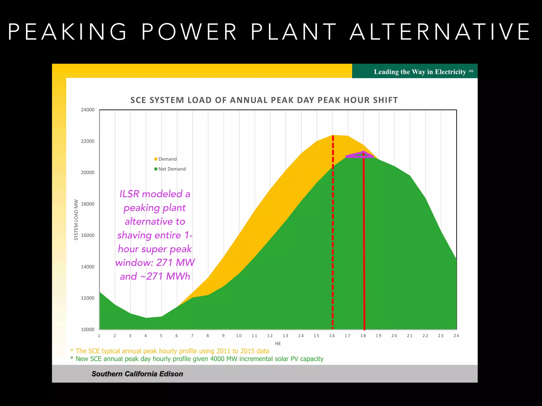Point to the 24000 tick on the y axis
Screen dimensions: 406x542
pyautogui.click(x=88, y=110)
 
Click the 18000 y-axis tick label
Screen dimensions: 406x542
pyautogui.click(x=88, y=204)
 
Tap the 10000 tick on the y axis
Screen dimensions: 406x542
pyautogui.click(x=88, y=330)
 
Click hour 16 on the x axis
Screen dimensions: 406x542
pyautogui.click(x=332, y=336)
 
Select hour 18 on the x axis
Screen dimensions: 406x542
pyautogui.click(x=363, y=336)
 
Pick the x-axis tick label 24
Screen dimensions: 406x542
pyautogui.click(x=456, y=336)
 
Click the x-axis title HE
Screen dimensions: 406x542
pyautogui.click(x=278, y=344)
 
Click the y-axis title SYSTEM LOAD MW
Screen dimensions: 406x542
pyautogui.click(x=76, y=220)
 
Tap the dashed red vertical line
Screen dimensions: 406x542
pyautogui.click(x=333, y=238)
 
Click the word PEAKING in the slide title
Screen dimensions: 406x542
pyautogui.click(x=67, y=32)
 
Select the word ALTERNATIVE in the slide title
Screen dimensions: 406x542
pyautogui.click(x=440, y=32)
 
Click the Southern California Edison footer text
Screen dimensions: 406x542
pyautogui.click(x=137, y=374)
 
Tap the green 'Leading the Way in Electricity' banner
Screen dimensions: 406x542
pyautogui.click(x=415, y=71)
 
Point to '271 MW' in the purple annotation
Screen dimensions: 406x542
pyautogui.click(x=175, y=262)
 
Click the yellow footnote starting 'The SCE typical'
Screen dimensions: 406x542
pyautogui.click(x=172, y=351)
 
